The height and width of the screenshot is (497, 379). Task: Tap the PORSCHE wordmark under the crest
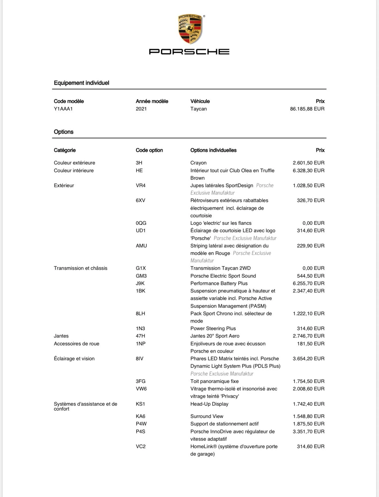pyautogui.click(x=189, y=52)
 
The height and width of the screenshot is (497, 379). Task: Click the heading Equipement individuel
pyautogui.click(x=82, y=83)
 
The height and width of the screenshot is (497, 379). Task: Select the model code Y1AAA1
pyautogui.click(x=63, y=109)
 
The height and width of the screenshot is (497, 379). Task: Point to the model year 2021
pyautogui.click(x=141, y=109)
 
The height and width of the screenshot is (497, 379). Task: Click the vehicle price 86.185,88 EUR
pyautogui.click(x=307, y=109)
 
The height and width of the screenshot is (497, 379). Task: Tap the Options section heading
pyautogui.click(x=64, y=132)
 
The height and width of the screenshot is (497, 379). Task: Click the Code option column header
pyautogui.click(x=149, y=150)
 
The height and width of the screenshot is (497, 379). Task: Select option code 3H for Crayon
pyautogui.click(x=139, y=163)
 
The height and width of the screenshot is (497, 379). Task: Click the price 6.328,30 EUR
pyautogui.click(x=309, y=171)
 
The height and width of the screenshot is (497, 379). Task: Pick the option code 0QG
pyautogui.click(x=141, y=223)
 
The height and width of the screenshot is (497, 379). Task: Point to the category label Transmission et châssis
pyautogui.click(x=81, y=268)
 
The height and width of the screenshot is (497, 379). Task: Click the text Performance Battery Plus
pyautogui.click(x=219, y=283)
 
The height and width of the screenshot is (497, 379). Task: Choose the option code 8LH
pyautogui.click(x=140, y=314)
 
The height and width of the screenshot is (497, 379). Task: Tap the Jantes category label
pyautogui.click(x=61, y=336)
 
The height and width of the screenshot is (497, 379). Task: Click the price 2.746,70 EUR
pyautogui.click(x=309, y=336)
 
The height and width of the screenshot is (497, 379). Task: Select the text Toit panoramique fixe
pyautogui.click(x=214, y=381)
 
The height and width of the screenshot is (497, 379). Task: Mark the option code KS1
pyautogui.click(x=140, y=404)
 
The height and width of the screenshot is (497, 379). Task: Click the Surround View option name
pyautogui.click(x=207, y=416)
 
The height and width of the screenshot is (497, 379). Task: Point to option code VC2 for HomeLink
pyautogui.click(x=141, y=446)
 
